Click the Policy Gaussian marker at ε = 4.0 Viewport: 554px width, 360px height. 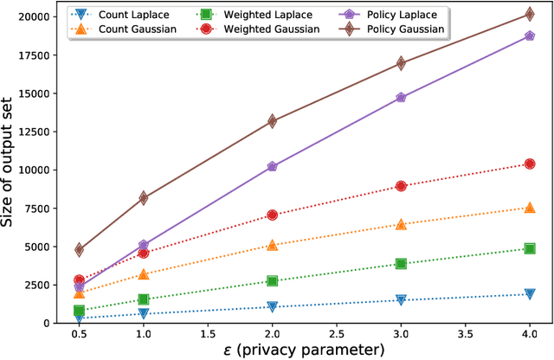530,15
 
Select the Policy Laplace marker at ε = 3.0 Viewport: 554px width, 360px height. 401,98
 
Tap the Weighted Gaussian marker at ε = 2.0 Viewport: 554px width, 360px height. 273,215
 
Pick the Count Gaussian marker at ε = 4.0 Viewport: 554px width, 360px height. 530,208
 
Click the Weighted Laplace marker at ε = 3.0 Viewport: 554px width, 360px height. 401,263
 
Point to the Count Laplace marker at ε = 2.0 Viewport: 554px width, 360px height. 273,306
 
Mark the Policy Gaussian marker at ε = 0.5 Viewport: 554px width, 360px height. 80,249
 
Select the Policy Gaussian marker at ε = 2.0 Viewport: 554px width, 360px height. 273,121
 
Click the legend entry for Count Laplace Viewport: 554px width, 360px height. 130,15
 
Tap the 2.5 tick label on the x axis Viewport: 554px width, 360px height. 337,332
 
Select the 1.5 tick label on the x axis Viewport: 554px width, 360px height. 208,332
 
